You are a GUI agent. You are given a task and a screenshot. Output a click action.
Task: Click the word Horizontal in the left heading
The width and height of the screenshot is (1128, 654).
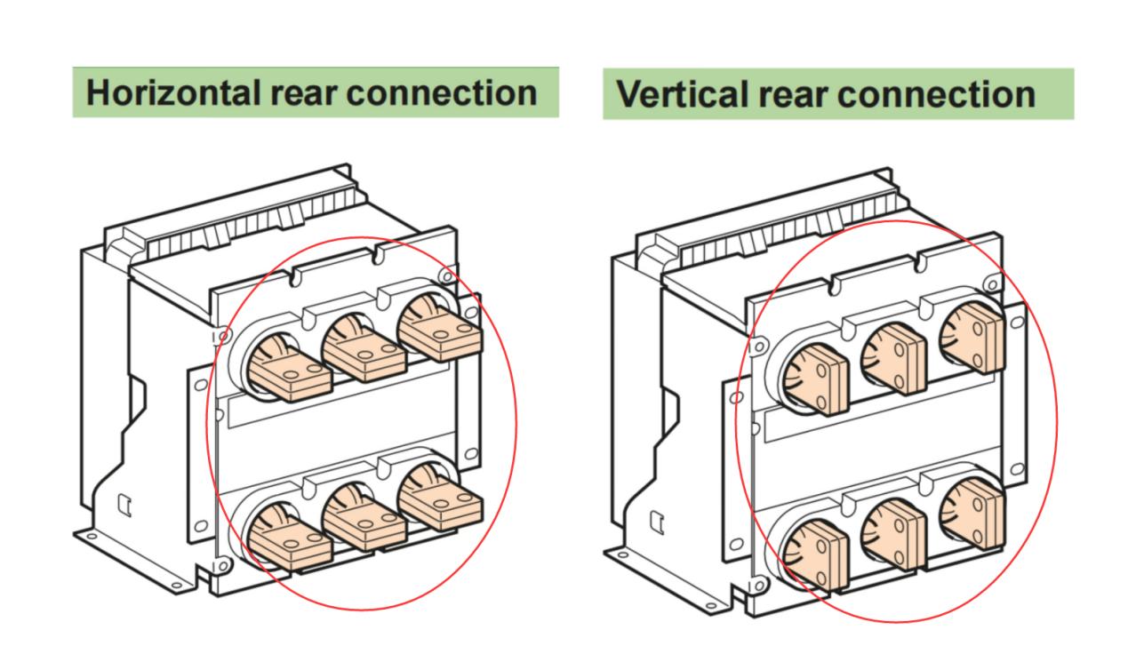(174, 93)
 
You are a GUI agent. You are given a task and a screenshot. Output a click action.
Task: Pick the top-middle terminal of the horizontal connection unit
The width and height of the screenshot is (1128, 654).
(364, 349)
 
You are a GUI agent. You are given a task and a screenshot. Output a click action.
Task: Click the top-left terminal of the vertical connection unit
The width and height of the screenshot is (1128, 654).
(816, 380)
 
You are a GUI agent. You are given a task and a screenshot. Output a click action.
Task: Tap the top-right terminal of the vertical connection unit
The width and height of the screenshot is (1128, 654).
(972, 339)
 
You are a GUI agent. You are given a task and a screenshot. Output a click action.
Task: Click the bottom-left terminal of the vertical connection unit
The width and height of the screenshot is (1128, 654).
(816, 556)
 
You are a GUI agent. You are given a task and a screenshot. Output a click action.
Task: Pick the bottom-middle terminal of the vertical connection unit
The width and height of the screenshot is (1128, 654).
(893, 535)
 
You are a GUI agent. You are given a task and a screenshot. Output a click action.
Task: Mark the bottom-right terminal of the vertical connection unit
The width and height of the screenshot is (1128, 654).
(972, 514)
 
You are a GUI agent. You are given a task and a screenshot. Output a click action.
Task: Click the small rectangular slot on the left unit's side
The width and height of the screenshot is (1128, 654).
(124, 505)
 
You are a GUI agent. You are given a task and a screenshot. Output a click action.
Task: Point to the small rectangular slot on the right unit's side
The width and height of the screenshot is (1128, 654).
(657, 522)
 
